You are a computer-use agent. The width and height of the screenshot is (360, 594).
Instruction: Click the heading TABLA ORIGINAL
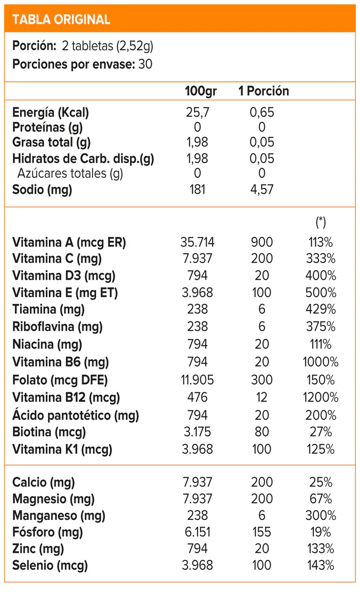click(x=61, y=20)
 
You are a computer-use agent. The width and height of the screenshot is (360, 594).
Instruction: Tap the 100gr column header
click(x=201, y=91)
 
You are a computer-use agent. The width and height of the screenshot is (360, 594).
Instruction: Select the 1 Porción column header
click(x=263, y=91)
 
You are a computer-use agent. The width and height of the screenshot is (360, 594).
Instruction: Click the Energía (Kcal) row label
click(x=50, y=112)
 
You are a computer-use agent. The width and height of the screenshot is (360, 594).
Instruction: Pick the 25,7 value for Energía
click(x=198, y=112)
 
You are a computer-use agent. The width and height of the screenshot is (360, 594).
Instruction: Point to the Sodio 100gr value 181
click(x=197, y=189)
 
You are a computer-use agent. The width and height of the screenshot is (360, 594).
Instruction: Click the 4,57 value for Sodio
click(x=262, y=189)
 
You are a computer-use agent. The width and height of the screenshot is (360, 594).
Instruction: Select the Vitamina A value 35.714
click(x=197, y=242)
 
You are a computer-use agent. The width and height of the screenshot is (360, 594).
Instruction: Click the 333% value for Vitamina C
click(x=320, y=259)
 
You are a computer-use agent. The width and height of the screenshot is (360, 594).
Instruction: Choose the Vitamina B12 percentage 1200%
click(x=320, y=397)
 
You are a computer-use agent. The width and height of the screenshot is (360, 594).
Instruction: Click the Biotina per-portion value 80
click(x=262, y=431)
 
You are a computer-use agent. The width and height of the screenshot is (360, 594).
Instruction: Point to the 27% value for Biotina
click(x=320, y=431)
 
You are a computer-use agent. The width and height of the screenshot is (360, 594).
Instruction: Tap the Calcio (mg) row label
click(x=43, y=482)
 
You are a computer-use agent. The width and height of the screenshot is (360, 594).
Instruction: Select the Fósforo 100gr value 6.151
click(x=197, y=532)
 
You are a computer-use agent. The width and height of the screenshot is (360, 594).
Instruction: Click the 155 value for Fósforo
click(x=262, y=532)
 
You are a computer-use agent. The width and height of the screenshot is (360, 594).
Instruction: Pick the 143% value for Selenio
click(x=320, y=566)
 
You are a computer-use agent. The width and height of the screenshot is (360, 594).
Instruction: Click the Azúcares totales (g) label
click(x=70, y=173)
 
